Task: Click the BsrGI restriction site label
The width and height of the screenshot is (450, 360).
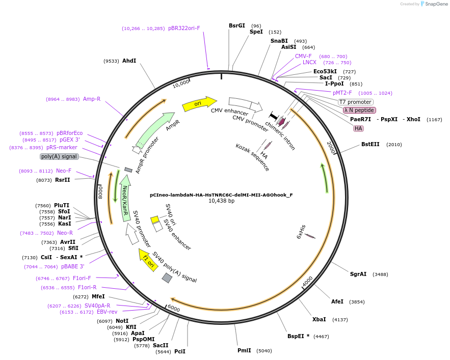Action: point(237,25)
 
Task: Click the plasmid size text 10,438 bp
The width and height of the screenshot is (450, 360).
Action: point(221,201)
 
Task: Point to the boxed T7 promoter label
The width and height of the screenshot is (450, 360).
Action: point(355,102)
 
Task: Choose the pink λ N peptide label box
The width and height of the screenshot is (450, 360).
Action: point(359,110)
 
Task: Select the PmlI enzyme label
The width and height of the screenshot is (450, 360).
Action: point(244,350)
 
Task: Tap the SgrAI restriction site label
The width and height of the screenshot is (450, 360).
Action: point(358,274)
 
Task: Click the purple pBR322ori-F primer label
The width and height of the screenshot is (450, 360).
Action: point(184,29)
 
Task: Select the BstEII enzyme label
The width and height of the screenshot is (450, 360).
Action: point(370,144)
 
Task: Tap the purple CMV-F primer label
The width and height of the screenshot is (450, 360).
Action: point(303,56)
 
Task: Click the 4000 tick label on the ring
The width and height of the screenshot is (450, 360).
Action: point(307,282)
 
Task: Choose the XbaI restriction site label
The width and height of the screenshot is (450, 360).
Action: point(319,319)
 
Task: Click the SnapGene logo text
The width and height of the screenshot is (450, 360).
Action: point(434,4)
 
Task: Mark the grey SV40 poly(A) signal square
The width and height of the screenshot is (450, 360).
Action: point(167,278)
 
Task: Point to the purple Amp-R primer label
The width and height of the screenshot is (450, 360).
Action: point(92,99)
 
